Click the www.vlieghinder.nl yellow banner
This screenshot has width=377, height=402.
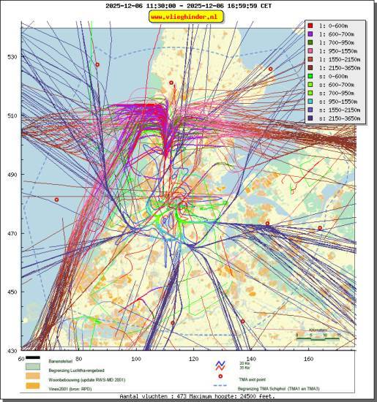click(x=187, y=16)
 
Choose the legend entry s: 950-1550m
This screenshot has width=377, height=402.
click(x=337, y=99)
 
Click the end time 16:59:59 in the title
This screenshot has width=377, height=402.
click(x=239, y=4)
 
